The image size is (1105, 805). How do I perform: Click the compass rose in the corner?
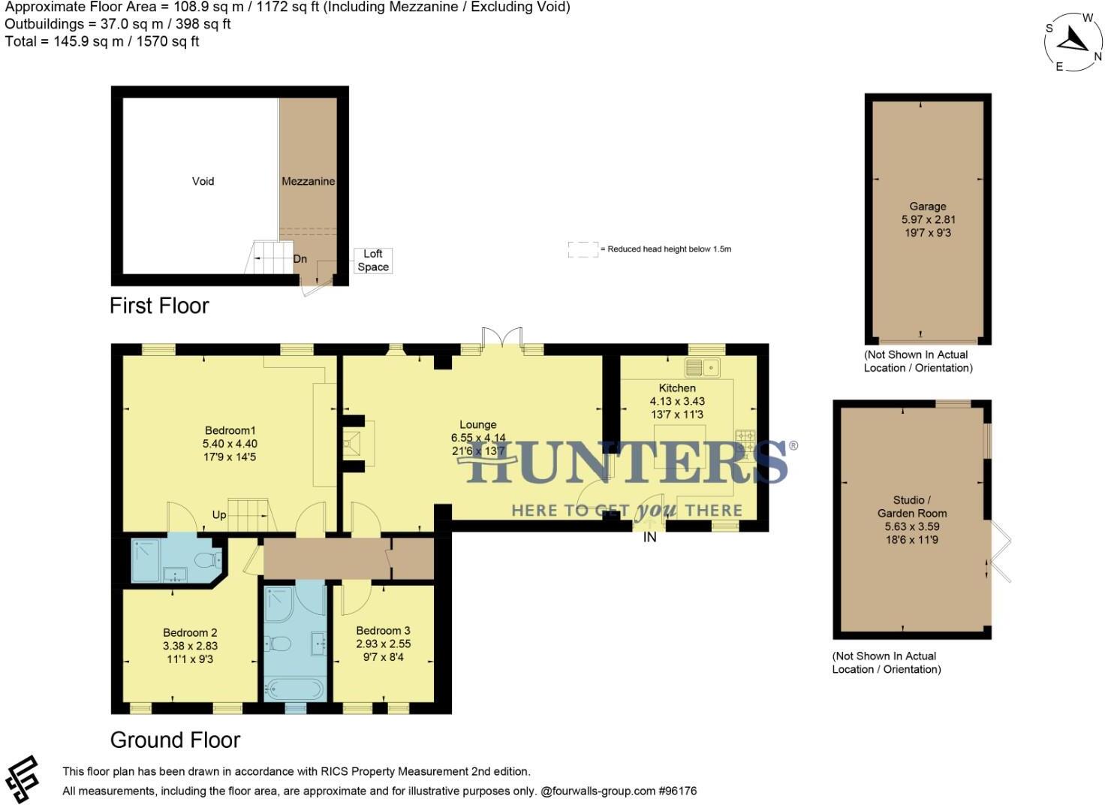point(1073,41)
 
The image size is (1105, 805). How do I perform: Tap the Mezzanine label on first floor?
point(308,181)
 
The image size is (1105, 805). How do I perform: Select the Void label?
point(203,181)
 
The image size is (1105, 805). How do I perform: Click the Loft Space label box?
point(373,261)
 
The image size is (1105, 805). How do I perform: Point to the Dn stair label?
point(300,259)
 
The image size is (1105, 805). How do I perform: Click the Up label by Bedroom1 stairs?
point(219,515)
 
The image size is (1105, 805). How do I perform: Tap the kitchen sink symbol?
point(703,368)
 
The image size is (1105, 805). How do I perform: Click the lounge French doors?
point(501,338)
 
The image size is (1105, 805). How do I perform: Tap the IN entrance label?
point(649,538)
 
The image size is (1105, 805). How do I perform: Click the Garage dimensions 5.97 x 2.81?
point(928,220)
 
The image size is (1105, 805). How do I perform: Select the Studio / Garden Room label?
point(912,507)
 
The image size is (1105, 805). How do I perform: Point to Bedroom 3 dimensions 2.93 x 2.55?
point(383,644)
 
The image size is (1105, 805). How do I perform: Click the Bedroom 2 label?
point(190,632)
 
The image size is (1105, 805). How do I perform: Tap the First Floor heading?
point(159,306)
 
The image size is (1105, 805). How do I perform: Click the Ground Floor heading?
point(175,740)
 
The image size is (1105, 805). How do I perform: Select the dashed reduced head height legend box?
point(583,249)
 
